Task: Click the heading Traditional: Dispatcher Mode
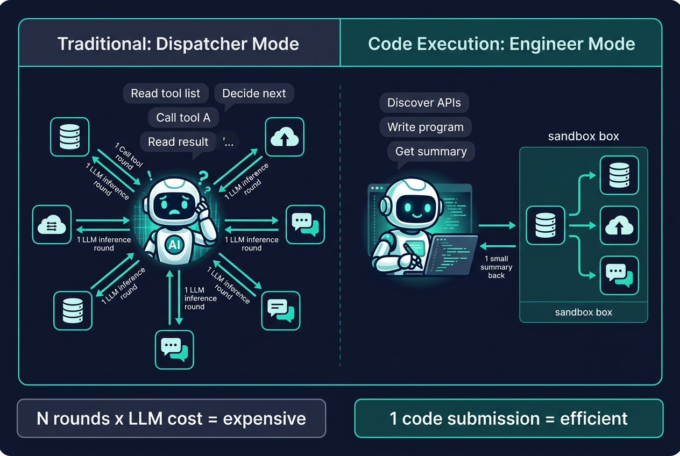pos(178,44)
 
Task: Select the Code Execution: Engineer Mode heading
pos(501,44)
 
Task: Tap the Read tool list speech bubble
pos(165,94)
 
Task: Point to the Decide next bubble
pos(254,94)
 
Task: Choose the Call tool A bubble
pos(183,117)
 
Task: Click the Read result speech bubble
pos(178,142)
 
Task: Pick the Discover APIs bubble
pos(424,103)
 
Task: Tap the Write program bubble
pos(425,127)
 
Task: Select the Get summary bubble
pos(431,152)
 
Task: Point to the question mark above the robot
pos(203,176)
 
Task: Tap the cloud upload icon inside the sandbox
pos(619,226)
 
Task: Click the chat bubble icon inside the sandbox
pos(619,275)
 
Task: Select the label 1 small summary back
pos(497,267)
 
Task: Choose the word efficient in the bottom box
pos(593,418)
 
